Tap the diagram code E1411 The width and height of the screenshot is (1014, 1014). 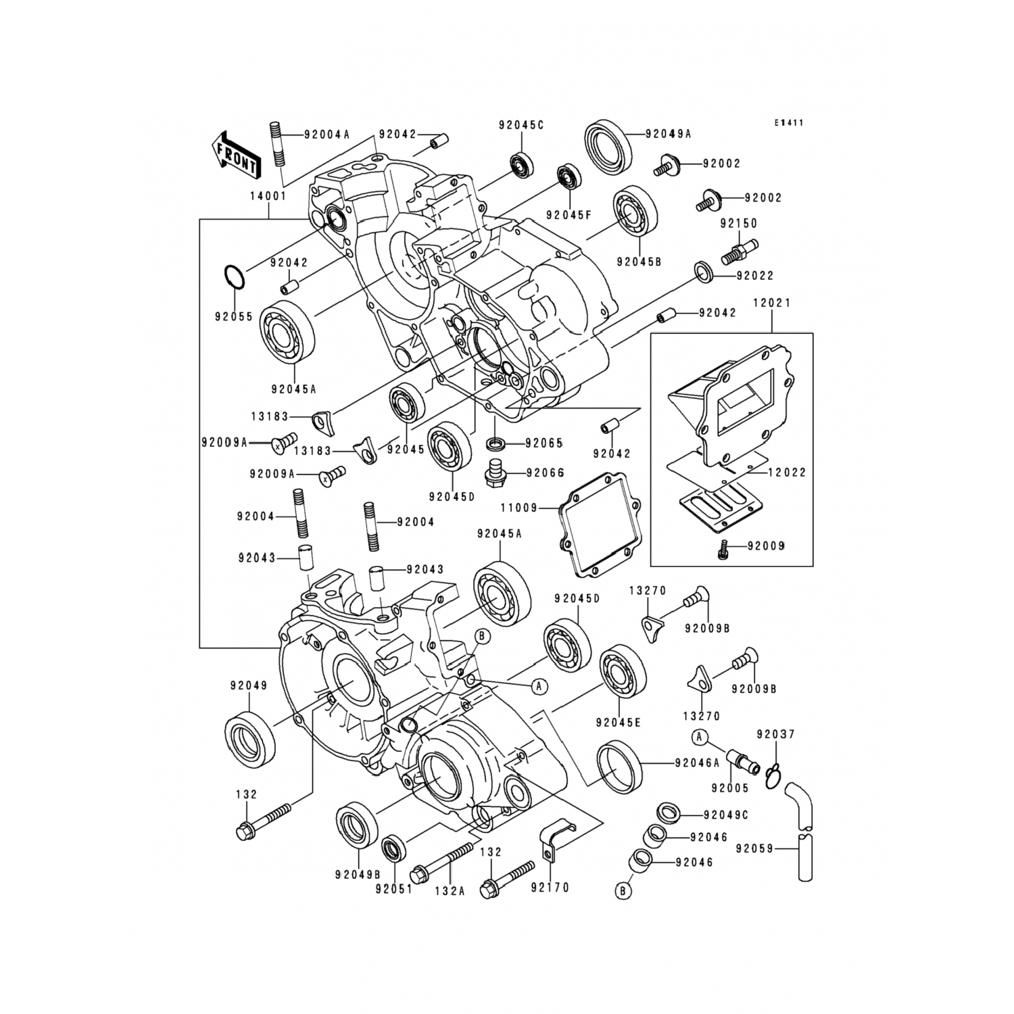[x=789, y=123]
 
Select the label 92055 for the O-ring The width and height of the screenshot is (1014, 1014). [x=235, y=316]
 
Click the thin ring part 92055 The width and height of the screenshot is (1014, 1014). [x=234, y=276]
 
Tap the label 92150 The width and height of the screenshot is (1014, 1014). [x=739, y=223]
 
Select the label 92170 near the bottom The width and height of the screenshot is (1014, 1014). [x=550, y=888]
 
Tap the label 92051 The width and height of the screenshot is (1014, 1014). [x=393, y=890]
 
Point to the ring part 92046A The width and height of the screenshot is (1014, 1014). [x=618, y=765]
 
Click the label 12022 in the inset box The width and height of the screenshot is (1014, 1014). [x=788, y=473]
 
